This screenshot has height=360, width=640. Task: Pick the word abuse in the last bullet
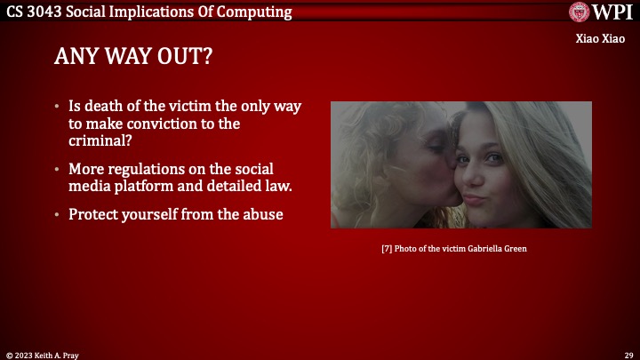point(262,214)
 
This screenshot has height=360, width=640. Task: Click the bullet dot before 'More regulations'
point(59,170)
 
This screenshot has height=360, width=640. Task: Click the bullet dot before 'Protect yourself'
point(59,215)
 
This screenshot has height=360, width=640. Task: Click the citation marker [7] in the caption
point(387,249)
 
